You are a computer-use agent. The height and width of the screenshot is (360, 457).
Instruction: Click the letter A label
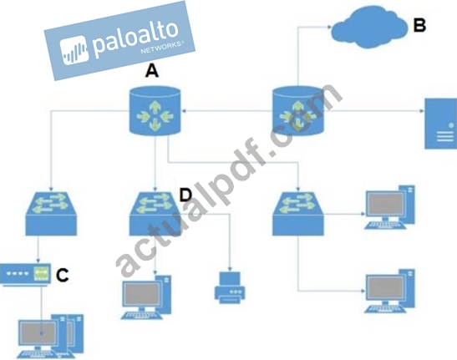(x=152, y=71)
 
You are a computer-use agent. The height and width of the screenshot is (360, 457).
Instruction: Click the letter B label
(x=419, y=25)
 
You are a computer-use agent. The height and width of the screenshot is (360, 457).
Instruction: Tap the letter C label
(x=62, y=275)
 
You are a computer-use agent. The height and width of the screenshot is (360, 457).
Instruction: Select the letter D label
(x=185, y=195)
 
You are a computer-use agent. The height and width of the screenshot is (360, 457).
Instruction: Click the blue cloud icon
(x=369, y=27)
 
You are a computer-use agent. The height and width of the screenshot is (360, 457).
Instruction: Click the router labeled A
(x=155, y=111)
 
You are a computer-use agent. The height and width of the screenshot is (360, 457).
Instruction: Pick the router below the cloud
(x=298, y=111)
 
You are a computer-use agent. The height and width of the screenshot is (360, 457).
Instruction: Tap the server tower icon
(x=440, y=124)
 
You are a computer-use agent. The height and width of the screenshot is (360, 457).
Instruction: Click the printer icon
(x=230, y=287)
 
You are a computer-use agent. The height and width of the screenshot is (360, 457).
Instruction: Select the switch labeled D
(x=155, y=213)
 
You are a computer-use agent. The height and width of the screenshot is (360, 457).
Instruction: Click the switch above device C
(x=51, y=213)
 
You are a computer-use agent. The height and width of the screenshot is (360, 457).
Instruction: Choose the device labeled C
(x=25, y=275)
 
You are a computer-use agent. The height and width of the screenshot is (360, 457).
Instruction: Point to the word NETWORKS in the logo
(x=162, y=48)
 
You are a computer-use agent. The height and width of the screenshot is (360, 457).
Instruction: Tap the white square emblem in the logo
(x=74, y=50)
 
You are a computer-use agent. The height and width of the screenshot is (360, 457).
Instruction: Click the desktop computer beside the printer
(x=146, y=297)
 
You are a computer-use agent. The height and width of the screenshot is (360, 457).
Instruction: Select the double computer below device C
(x=50, y=336)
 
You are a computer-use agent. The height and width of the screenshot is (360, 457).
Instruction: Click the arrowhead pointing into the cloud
(x=329, y=27)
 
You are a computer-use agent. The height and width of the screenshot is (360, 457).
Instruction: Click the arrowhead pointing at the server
(x=422, y=111)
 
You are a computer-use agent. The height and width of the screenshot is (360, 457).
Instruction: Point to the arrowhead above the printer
(x=230, y=269)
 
